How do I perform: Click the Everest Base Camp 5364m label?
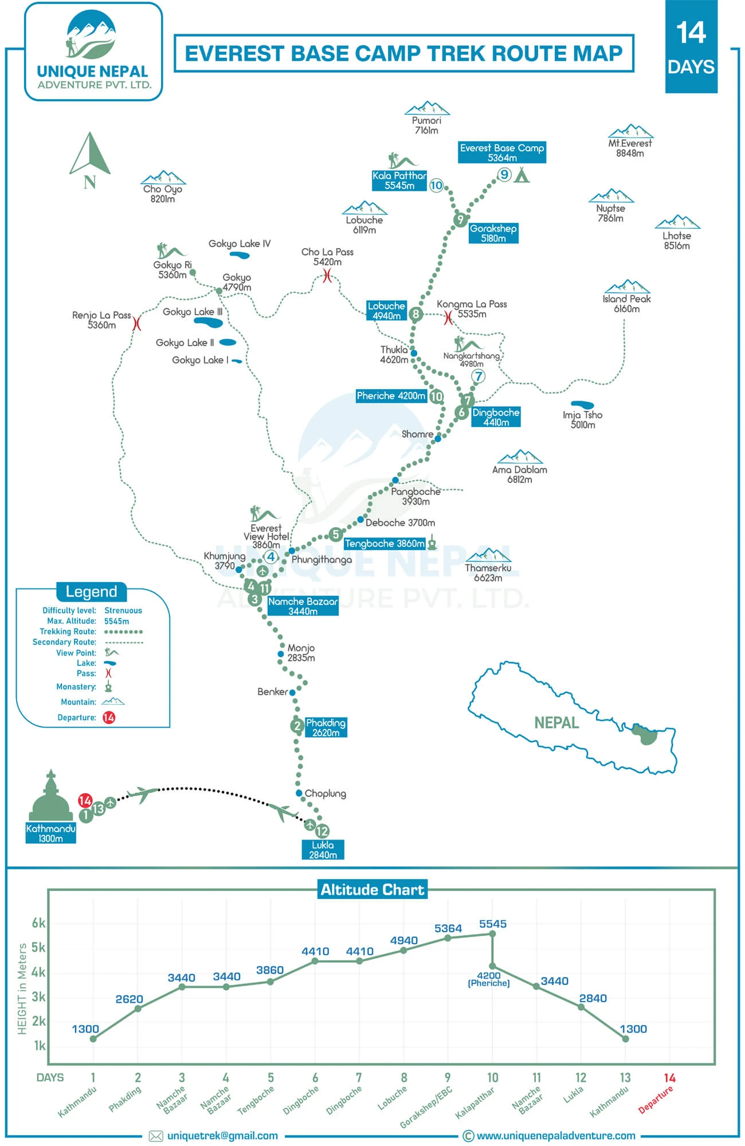(x=502, y=152)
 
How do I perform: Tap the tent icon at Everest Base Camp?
(x=521, y=175)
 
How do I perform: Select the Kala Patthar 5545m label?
(x=399, y=180)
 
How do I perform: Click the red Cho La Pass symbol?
(x=327, y=276)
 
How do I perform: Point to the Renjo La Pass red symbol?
(x=136, y=324)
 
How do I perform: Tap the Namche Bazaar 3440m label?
(x=303, y=606)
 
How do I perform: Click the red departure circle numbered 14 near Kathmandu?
(x=85, y=800)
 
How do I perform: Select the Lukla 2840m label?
(x=323, y=850)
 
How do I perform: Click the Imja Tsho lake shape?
(x=583, y=405)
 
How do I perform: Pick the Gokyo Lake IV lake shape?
(x=239, y=254)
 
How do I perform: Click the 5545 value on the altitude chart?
(x=493, y=924)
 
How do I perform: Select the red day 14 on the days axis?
(x=669, y=1078)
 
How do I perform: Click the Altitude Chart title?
(x=372, y=890)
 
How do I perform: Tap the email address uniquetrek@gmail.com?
(x=222, y=1136)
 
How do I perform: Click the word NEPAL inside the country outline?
(x=556, y=723)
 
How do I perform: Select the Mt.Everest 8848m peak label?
(x=630, y=148)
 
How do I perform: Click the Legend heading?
(x=92, y=591)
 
